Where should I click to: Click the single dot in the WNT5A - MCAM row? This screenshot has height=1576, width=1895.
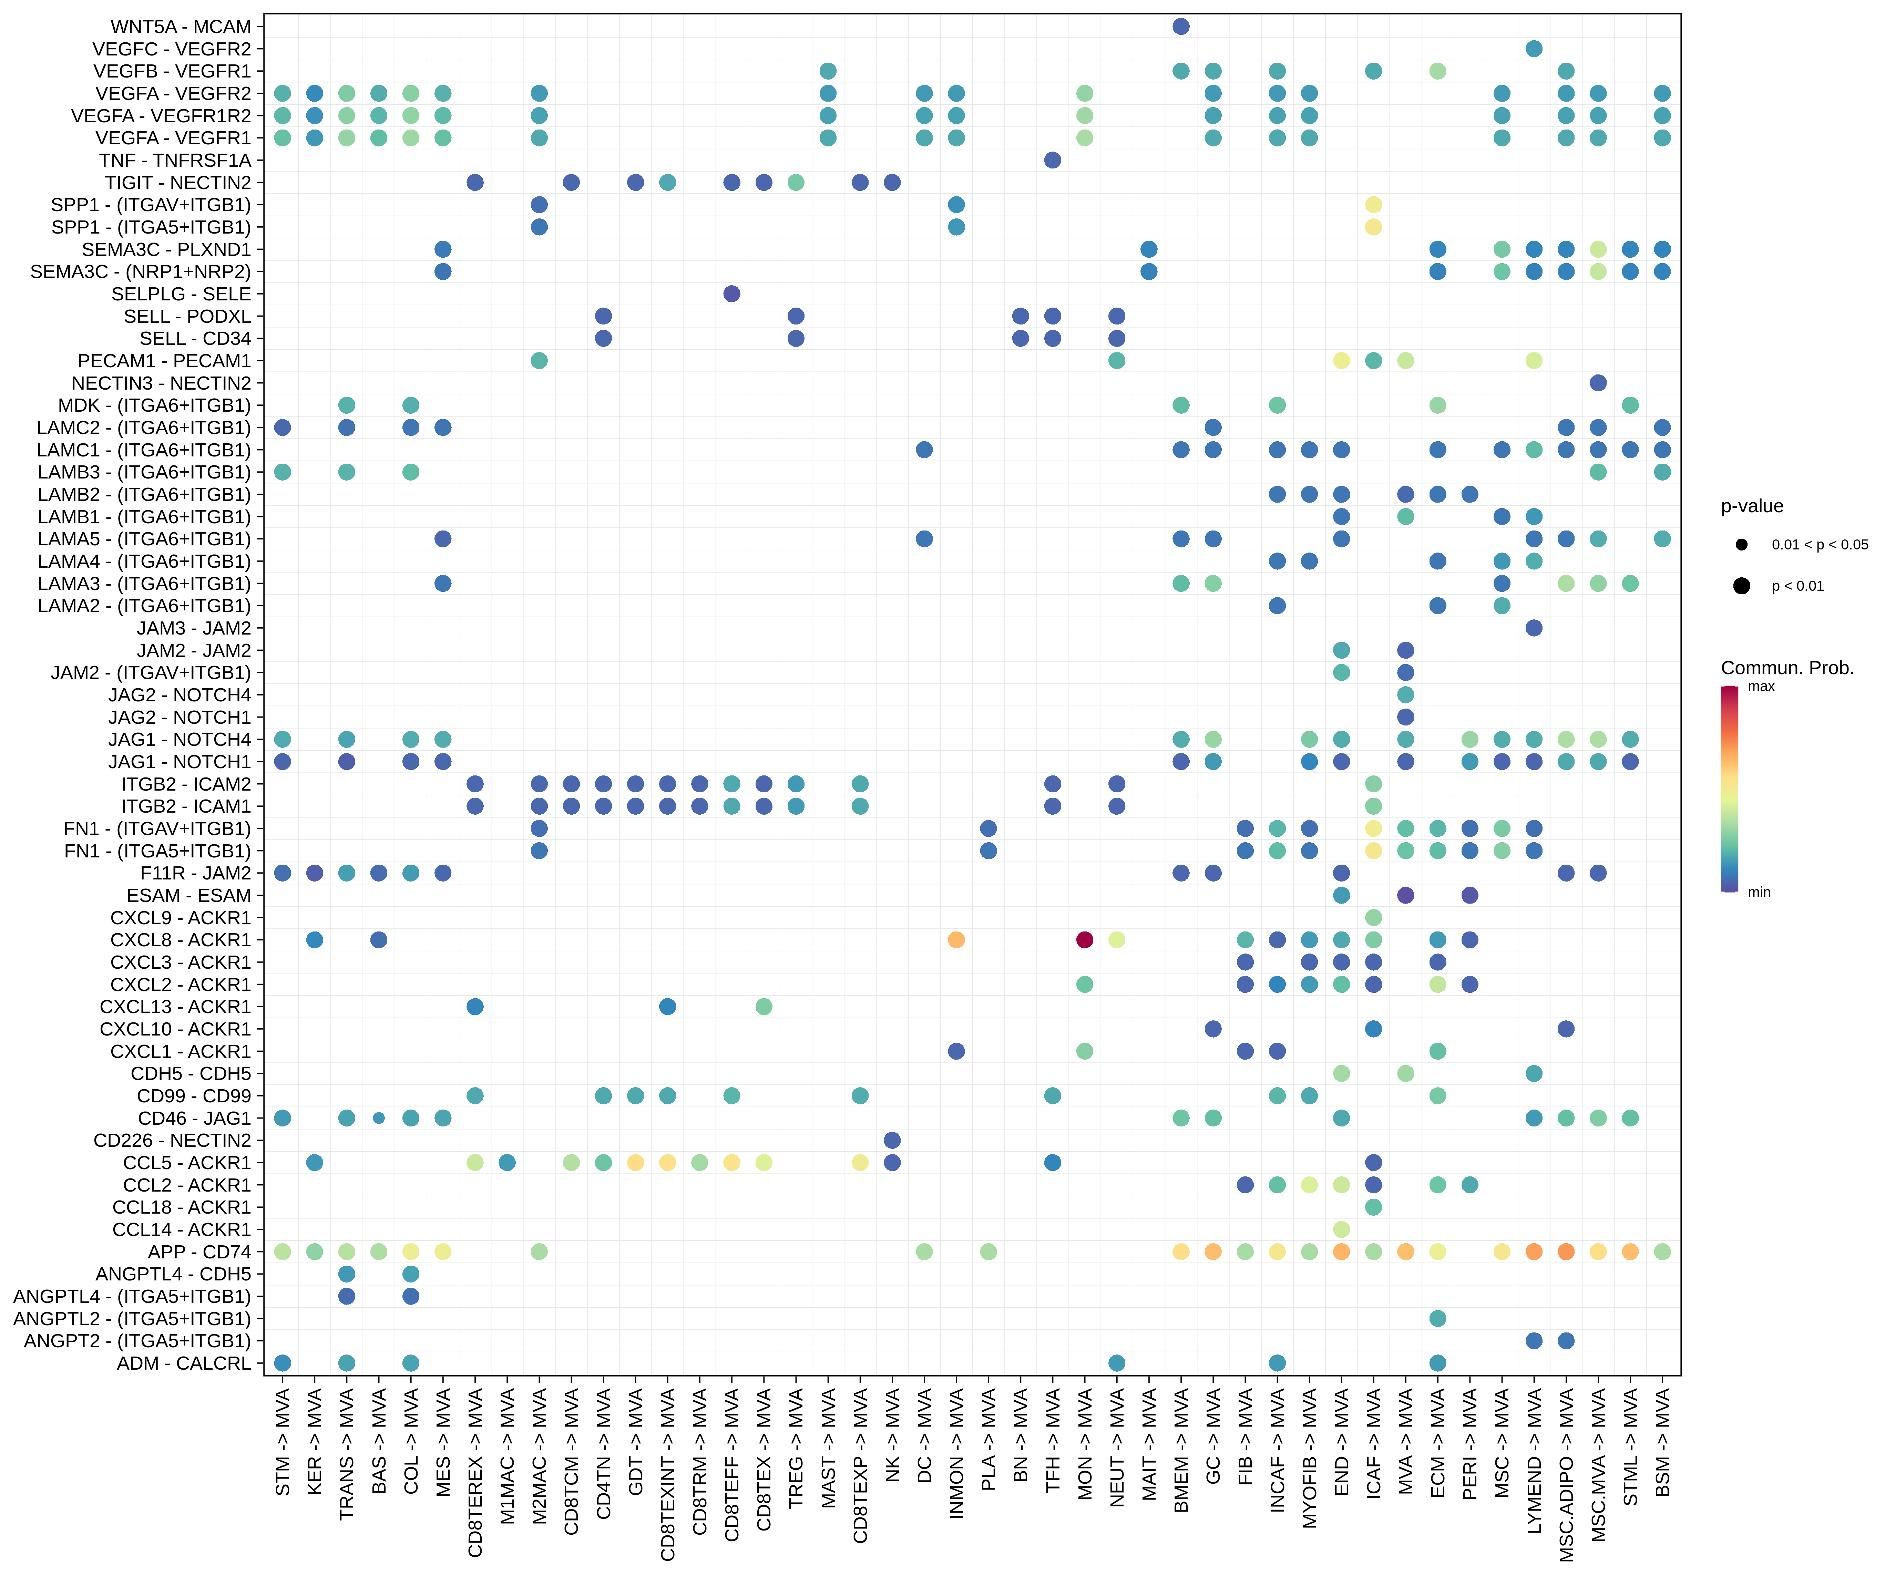point(1180,26)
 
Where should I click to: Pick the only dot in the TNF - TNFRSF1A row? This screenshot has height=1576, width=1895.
point(1052,160)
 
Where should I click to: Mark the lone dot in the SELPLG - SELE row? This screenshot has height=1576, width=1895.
point(732,293)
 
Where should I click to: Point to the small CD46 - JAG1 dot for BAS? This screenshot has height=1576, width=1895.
point(379,1118)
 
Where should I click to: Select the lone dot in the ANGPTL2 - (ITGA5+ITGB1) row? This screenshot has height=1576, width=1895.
point(1437,1318)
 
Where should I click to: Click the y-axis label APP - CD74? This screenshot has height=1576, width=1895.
point(199,1251)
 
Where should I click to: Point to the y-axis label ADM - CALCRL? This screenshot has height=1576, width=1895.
point(184,1363)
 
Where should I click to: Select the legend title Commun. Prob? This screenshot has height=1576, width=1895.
point(1787,668)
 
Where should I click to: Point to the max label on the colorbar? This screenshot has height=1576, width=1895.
point(1761,687)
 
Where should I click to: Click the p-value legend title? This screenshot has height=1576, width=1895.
point(1752,506)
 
